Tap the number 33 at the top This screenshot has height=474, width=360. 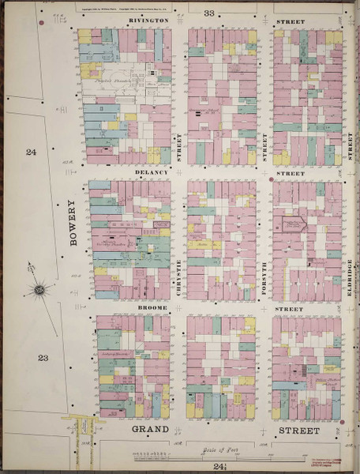(x=209, y=13)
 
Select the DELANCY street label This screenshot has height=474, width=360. (x=152, y=172)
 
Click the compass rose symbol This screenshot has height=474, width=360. (x=38, y=292)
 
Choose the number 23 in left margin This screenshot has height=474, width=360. (x=42, y=358)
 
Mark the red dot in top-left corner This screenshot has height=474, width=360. (x=41, y=22)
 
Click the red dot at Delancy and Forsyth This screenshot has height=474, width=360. (x=272, y=179)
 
